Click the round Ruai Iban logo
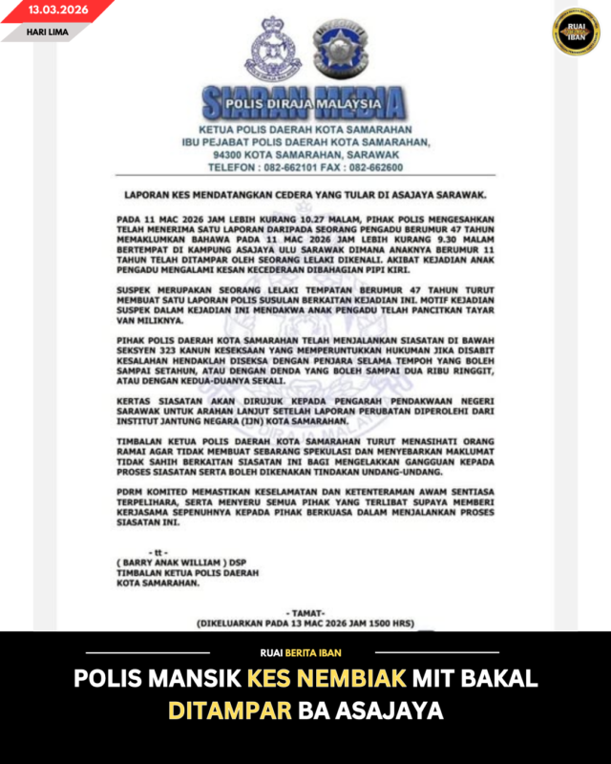pyautogui.click(x=576, y=32)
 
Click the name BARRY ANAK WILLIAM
pyautogui.click(x=171, y=562)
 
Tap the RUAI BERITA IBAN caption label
pyautogui.click(x=305, y=653)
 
